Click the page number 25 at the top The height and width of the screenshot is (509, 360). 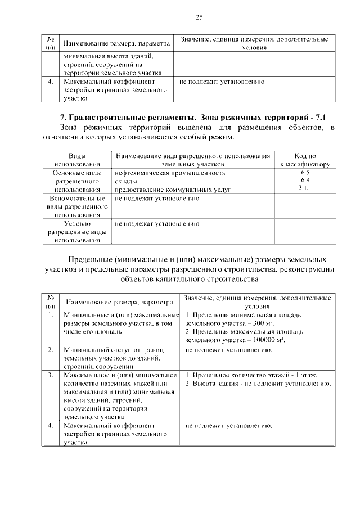click(x=199, y=17)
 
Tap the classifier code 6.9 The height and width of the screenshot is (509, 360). click(x=305, y=179)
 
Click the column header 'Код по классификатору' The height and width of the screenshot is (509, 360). click(x=305, y=160)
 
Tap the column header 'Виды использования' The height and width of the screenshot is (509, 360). click(x=77, y=160)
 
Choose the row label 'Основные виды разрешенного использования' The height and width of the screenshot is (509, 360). click(x=77, y=181)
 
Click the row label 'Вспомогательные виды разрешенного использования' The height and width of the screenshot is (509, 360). click(x=77, y=206)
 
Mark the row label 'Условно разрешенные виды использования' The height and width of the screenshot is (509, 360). click(x=77, y=232)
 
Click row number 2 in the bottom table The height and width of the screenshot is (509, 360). click(x=51, y=350)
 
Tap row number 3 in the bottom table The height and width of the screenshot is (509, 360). click(x=51, y=375)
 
